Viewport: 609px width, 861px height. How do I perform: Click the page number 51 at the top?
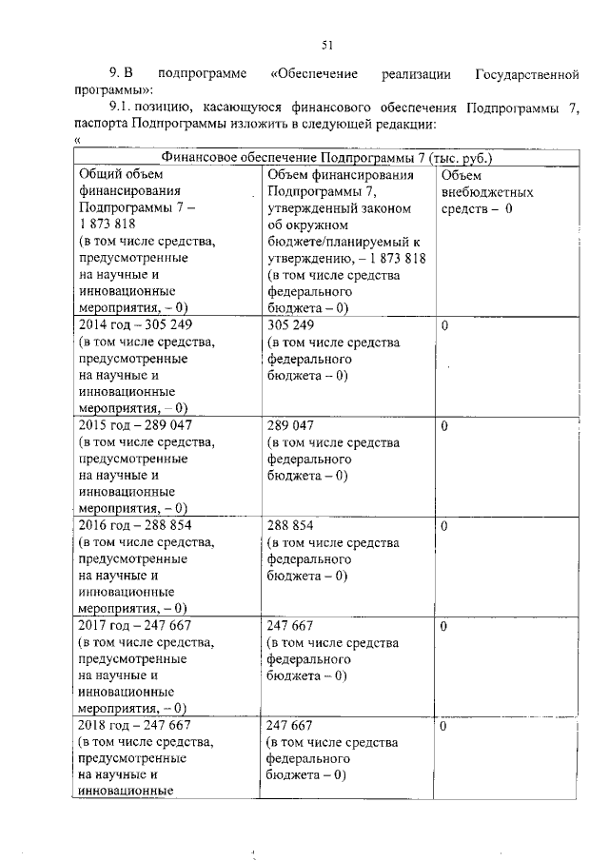tap(326, 45)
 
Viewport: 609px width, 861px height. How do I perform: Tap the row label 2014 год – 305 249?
tap(134, 325)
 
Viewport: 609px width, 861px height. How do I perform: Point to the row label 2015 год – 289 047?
tap(134, 425)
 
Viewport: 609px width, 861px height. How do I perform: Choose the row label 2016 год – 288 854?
tap(134, 525)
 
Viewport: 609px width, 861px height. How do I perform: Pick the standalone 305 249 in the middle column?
tap(290, 325)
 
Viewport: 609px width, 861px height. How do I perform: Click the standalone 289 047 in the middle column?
tap(290, 425)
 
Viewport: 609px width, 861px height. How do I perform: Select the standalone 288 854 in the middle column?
tap(290, 525)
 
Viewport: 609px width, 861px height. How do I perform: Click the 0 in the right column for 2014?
tap(445, 325)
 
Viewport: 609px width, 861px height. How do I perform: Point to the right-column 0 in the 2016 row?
tap(445, 525)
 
